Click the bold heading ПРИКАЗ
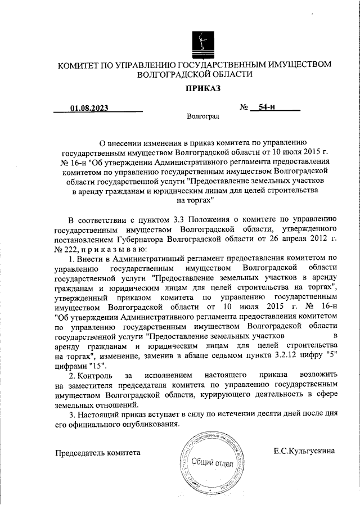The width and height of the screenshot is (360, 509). (202, 88)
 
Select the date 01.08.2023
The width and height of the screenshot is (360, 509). (89, 108)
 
